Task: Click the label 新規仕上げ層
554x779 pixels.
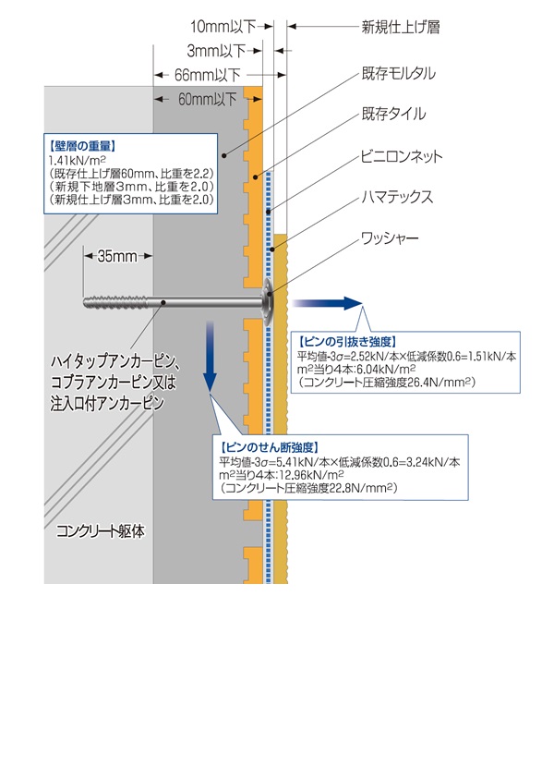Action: [401, 28]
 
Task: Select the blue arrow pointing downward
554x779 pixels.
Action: [211, 356]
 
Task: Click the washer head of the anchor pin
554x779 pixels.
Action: [267, 301]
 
